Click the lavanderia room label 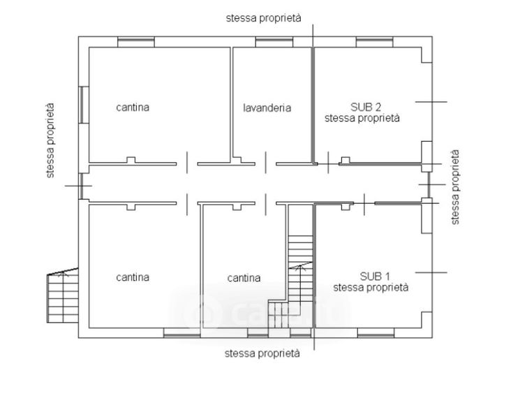pyautogui.click(x=267, y=108)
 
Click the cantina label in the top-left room pyautogui.click(x=133, y=107)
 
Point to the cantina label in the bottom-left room pyautogui.click(x=133, y=277)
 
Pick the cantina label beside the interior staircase pyautogui.click(x=244, y=278)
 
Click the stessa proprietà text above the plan pyautogui.click(x=264, y=18)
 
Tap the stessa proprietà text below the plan pyautogui.click(x=262, y=353)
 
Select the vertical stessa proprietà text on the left pyautogui.click(x=50, y=140)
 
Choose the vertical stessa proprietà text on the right pyautogui.click(x=455, y=187)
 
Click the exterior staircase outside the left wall pyautogui.click(x=63, y=295)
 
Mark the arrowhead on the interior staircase pyautogui.click(x=300, y=266)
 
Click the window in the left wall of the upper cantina pyautogui.click(x=84, y=105)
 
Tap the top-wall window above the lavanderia pyautogui.click(x=274, y=42)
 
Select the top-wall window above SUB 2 pyautogui.click(x=374, y=42)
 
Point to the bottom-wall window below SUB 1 pyautogui.click(x=376, y=333)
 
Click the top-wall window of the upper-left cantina pyautogui.click(x=136, y=42)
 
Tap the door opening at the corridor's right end pyautogui.click(x=428, y=184)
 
